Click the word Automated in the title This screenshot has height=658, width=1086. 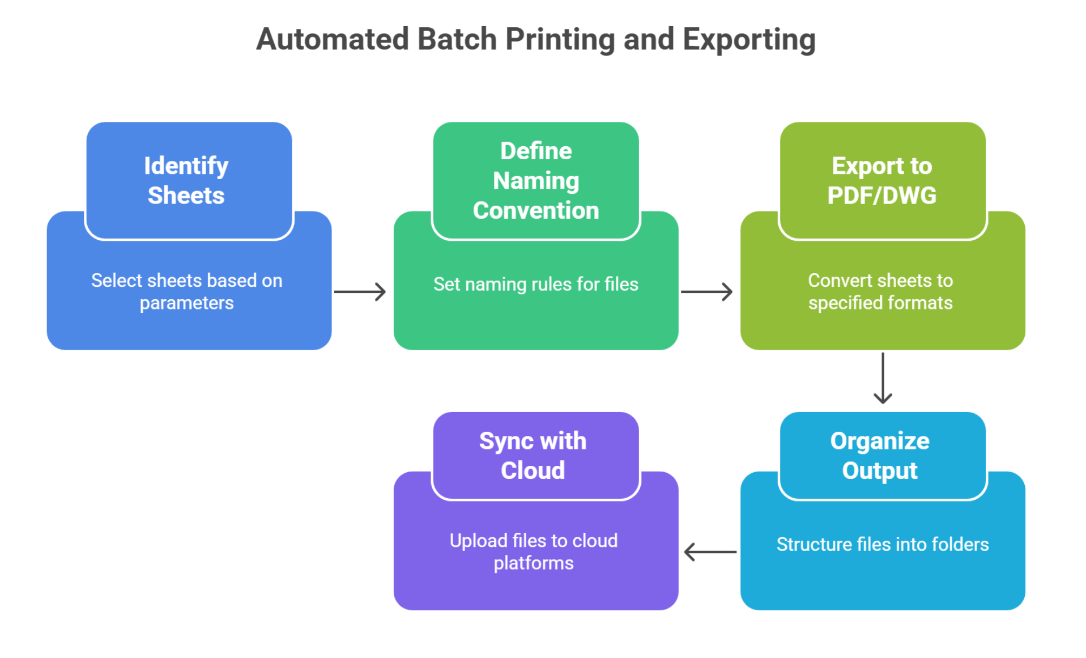point(333,39)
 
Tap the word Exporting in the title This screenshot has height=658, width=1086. point(749,40)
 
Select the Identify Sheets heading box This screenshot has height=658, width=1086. point(189,180)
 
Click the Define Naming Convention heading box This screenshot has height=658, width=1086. point(536,180)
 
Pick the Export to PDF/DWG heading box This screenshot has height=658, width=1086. point(883,180)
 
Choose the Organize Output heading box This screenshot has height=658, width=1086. point(883,456)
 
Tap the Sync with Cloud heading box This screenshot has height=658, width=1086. point(536,456)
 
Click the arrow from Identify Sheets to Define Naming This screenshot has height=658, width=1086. point(360,292)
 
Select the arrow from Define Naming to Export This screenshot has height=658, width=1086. point(706,292)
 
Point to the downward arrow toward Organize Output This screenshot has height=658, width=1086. point(883,378)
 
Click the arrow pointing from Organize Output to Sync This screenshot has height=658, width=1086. point(710,551)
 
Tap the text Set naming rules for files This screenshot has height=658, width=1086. point(536,284)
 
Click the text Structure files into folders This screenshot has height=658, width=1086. point(883,544)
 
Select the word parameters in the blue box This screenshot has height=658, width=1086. point(187,303)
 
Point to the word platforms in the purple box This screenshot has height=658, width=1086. point(534,563)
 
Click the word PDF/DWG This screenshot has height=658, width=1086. point(882,196)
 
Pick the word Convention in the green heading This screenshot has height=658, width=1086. point(536,210)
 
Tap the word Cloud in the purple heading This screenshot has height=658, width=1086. point(533,470)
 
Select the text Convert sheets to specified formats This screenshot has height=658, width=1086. point(880,292)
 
